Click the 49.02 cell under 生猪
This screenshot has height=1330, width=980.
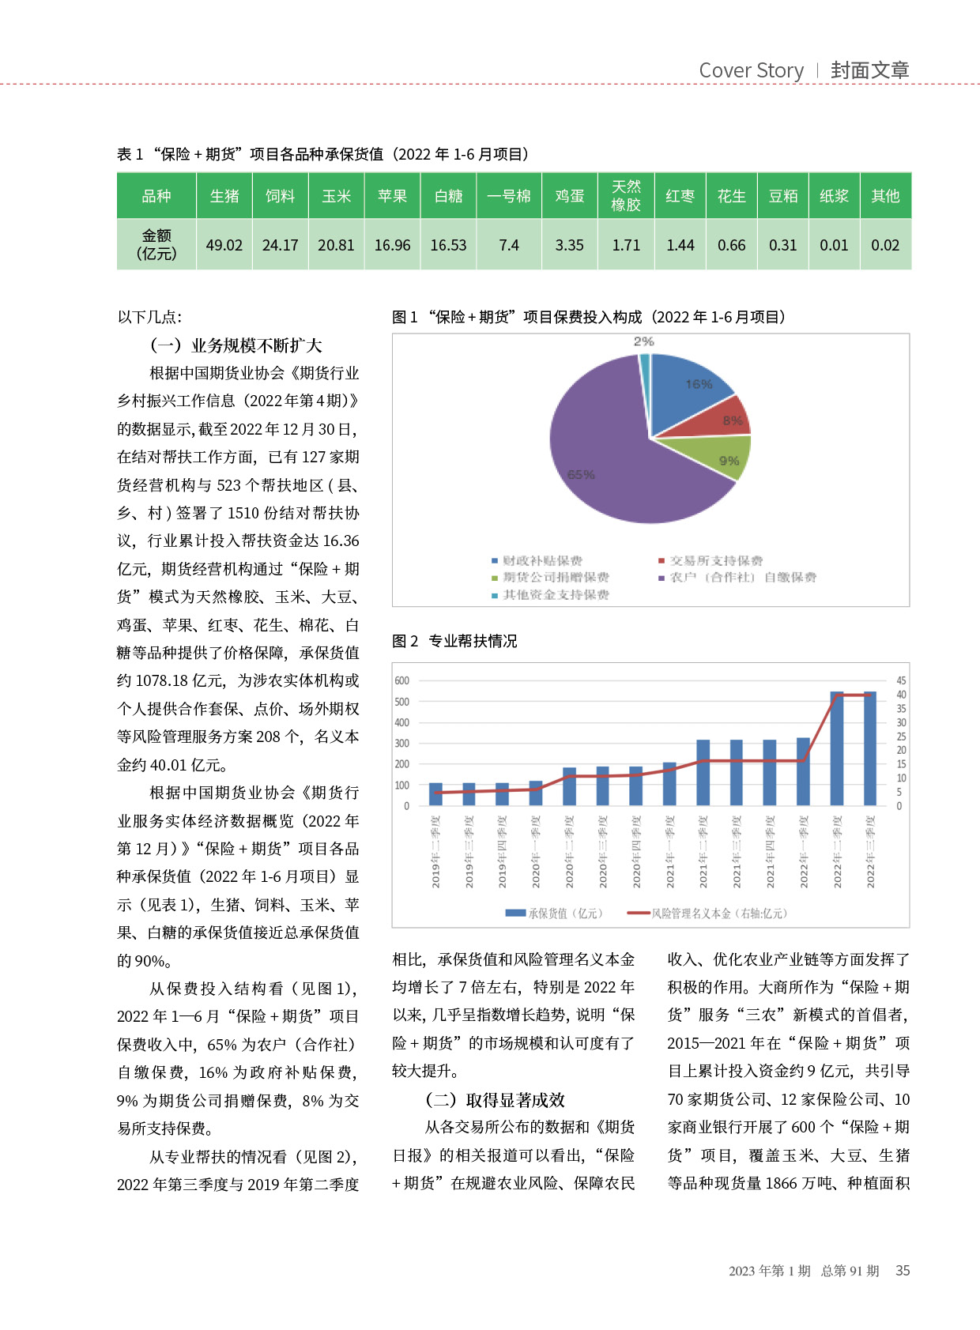(x=224, y=245)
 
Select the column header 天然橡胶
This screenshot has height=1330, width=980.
(x=626, y=196)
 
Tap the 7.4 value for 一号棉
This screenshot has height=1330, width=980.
(x=509, y=245)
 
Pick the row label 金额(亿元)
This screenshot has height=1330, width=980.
(x=156, y=244)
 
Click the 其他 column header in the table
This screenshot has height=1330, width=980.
(x=885, y=196)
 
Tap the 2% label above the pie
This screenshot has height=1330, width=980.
(x=643, y=341)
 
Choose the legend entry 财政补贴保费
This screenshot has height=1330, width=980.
(x=542, y=560)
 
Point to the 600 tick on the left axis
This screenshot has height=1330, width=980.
(x=402, y=680)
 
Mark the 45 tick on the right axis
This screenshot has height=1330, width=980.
(x=901, y=680)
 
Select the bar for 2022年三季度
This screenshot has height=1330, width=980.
(x=870, y=748)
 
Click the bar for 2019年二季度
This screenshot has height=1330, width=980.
(x=435, y=793)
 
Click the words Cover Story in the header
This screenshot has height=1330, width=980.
(x=751, y=70)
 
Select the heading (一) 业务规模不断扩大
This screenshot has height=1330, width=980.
(x=236, y=345)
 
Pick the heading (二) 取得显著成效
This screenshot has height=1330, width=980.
(x=495, y=1099)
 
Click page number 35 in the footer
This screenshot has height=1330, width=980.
(x=903, y=1271)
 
